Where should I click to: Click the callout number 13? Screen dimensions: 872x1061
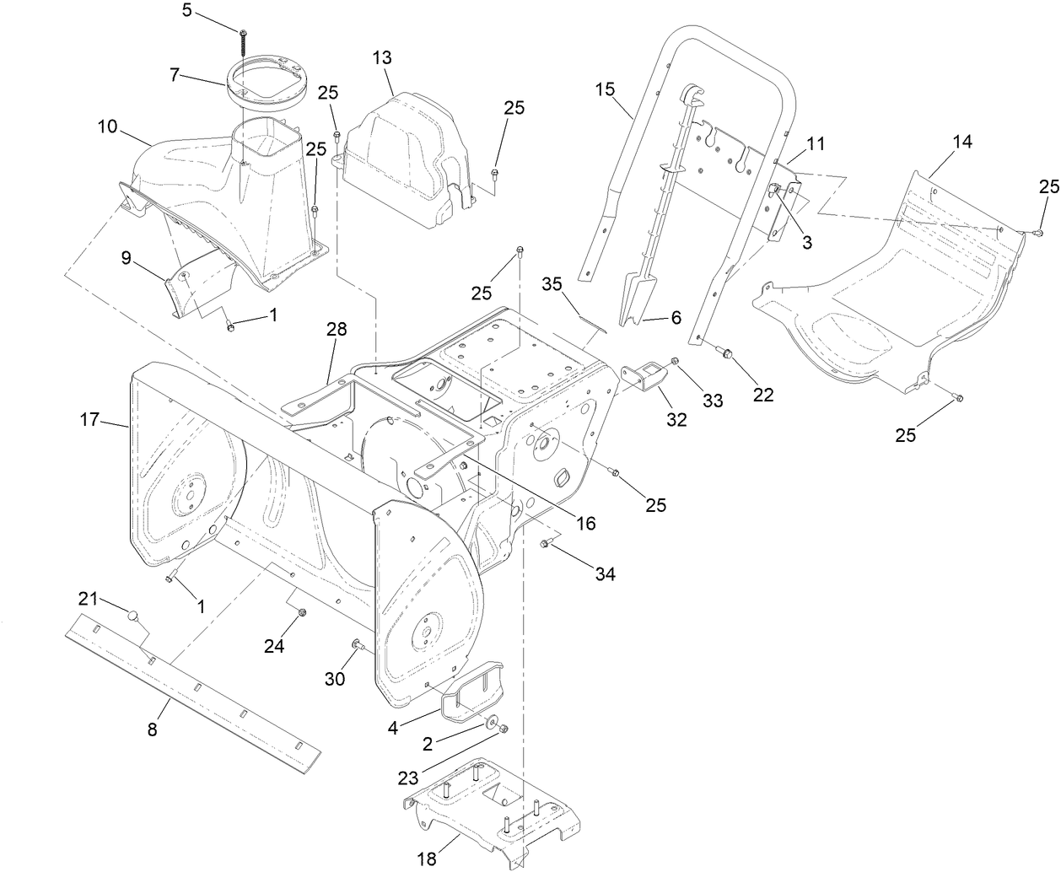click(382, 57)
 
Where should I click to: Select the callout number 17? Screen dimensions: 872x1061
click(90, 419)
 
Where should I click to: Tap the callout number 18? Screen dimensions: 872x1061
click(428, 859)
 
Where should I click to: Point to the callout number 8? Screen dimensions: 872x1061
click(153, 730)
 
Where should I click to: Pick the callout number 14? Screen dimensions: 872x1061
click(962, 142)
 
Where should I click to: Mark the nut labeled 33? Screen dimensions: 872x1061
click(676, 362)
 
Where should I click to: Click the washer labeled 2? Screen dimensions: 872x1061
click(490, 723)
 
